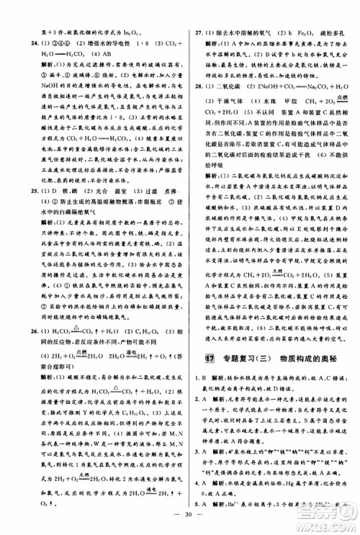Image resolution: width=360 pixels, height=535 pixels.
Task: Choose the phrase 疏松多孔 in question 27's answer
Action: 330,12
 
